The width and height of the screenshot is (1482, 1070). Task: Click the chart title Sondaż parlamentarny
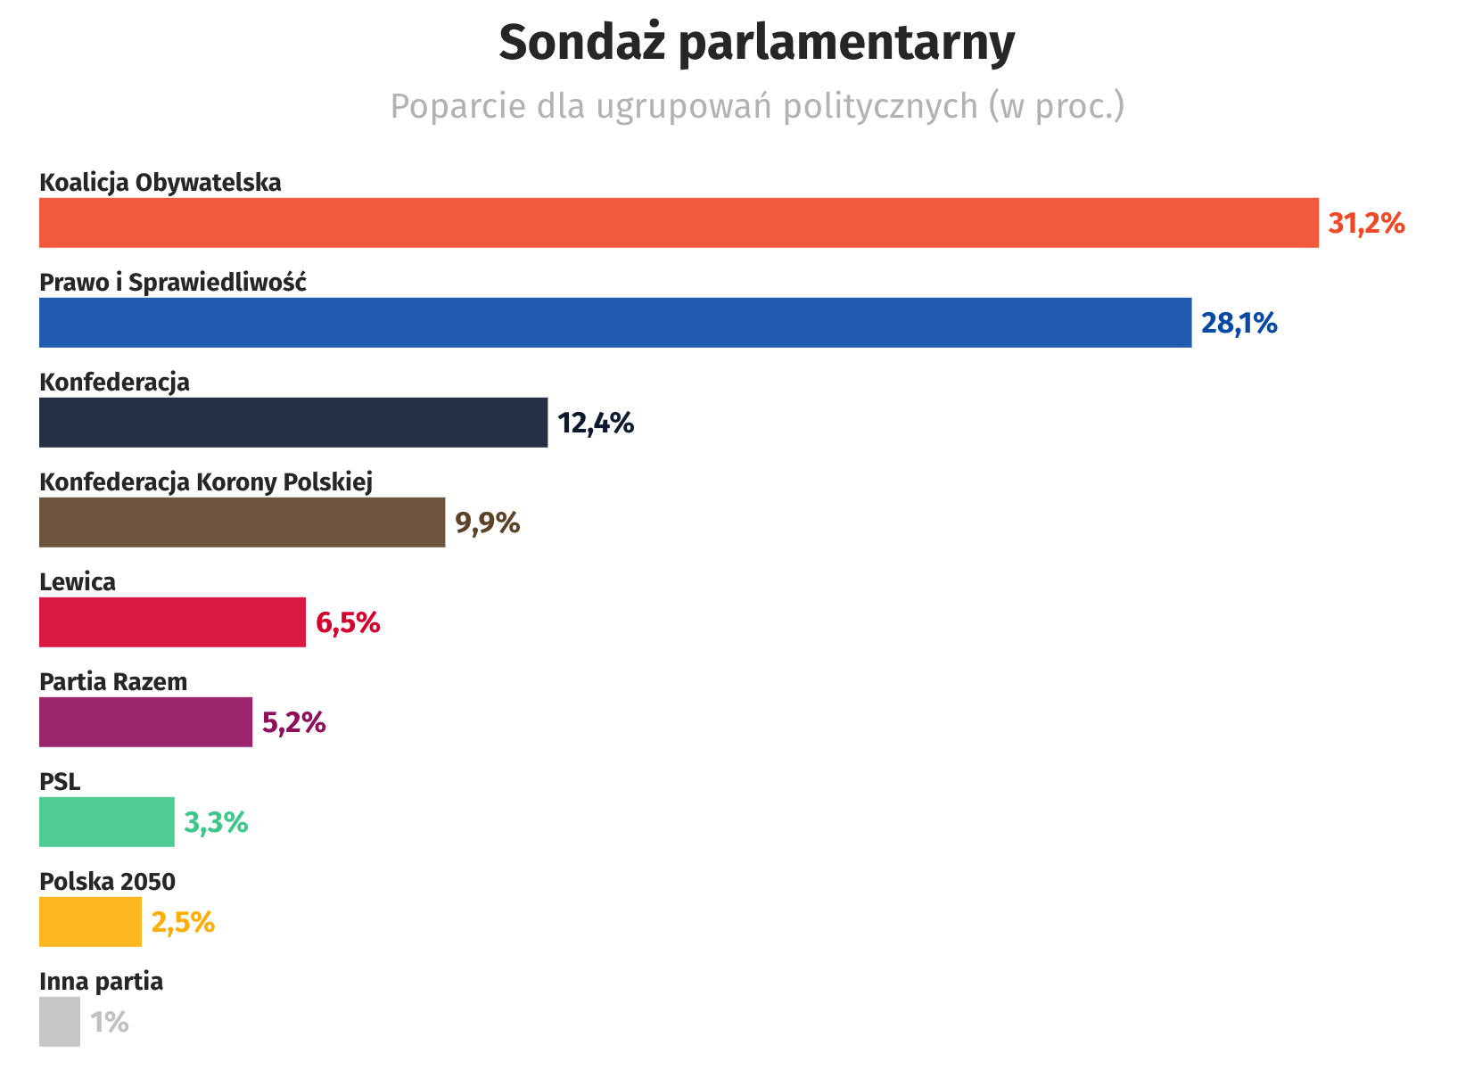click(x=756, y=43)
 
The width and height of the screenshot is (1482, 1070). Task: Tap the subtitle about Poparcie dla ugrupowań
click(x=757, y=106)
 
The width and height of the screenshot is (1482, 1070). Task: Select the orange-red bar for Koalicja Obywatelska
click(x=679, y=223)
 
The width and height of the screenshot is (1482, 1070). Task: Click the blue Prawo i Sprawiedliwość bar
click(x=615, y=323)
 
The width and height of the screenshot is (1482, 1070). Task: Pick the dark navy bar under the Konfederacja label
click(x=293, y=423)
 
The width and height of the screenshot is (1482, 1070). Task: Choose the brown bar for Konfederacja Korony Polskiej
click(x=242, y=523)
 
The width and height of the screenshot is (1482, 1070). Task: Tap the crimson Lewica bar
click(x=172, y=622)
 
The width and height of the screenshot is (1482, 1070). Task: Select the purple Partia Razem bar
click(x=145, y=722)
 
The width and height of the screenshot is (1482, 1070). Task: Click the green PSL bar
click(x=107, y=822)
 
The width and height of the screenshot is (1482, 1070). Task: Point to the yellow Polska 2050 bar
click(x=90, y=922)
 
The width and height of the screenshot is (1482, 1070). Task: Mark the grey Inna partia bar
click(x=60, y=1022)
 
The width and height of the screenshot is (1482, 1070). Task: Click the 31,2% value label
click(x=1366, y=223)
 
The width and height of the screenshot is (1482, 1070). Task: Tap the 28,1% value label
click(x=1239, y=323)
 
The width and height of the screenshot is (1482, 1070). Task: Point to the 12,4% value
click(x=596, y=423)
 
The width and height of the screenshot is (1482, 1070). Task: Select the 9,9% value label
click(x=487, y=523)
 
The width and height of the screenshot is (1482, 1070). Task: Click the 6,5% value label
click(x=348, y=622)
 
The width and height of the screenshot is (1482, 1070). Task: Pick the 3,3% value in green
click(x=216, y=822)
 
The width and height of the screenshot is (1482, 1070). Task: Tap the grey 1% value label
click(x=110, y=1022)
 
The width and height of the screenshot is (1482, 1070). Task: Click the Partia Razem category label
click(x=113, y=682)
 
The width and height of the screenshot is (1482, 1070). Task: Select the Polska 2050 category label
click(x=107, y=882)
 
